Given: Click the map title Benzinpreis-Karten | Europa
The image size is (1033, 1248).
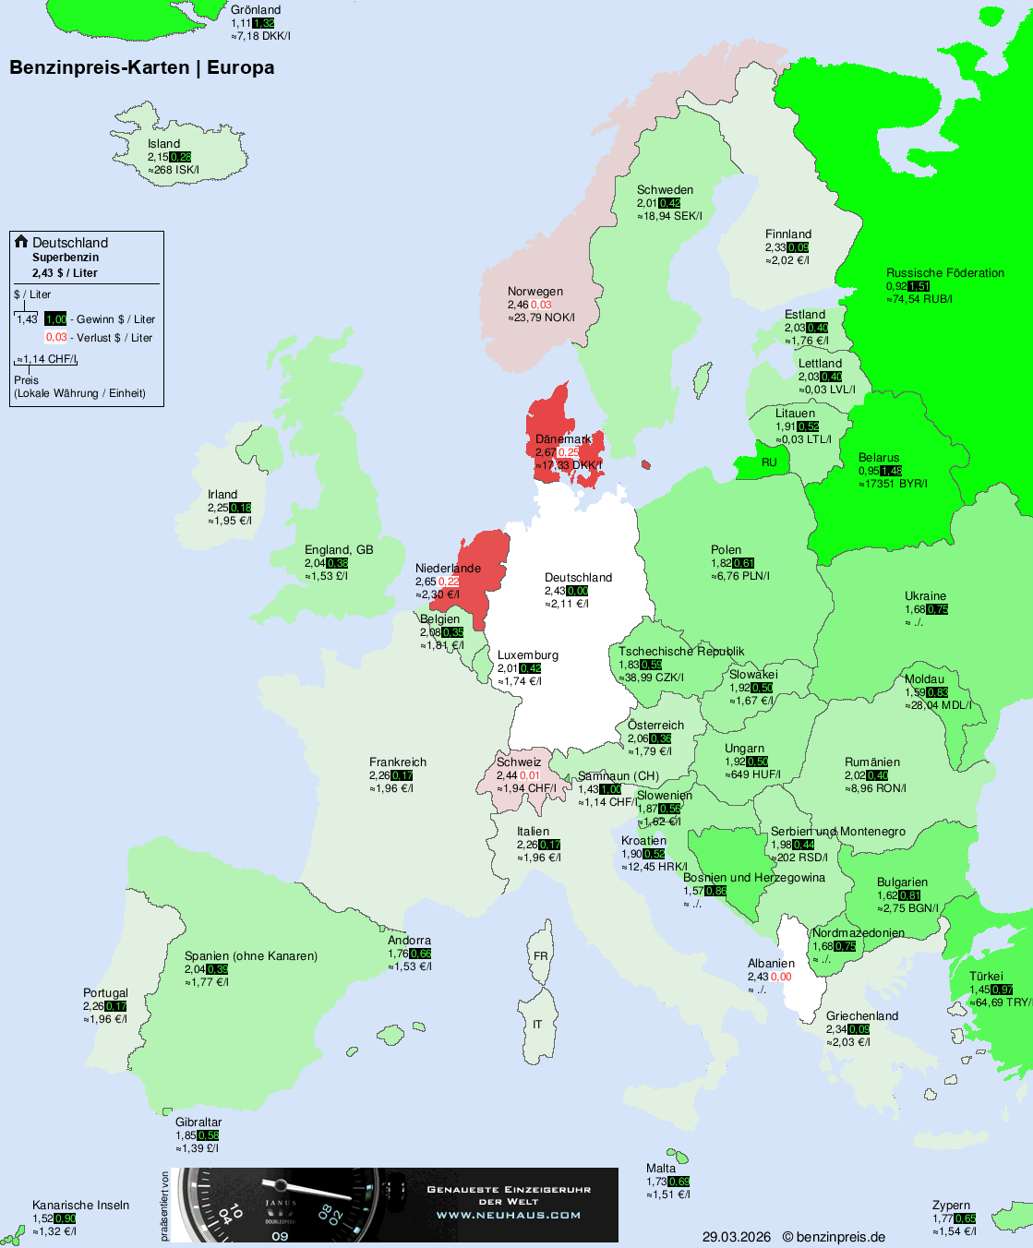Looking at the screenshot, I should click(141, 67).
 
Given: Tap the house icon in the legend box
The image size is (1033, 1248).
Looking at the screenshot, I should click(21, 242).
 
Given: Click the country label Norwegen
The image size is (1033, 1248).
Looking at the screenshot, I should click(535, 292).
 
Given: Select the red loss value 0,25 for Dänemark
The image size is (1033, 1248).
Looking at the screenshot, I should click(569, 452).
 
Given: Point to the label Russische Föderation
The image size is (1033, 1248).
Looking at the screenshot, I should click(944, 273).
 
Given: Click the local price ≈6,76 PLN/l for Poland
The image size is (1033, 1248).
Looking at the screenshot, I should click(739, 576).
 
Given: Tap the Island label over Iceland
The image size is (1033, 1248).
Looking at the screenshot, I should click(163, 144).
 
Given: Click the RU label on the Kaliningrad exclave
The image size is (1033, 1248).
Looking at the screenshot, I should click(769, 462).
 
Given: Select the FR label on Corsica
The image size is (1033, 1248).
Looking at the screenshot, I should click(540, 956).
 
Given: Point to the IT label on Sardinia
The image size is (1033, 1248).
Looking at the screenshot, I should click(537, 1025).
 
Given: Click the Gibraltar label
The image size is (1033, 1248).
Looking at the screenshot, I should click(198, 1122).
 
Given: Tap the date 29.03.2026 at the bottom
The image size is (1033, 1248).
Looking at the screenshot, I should click(736, 1237).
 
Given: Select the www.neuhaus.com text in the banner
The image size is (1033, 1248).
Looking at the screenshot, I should click(509, 1215).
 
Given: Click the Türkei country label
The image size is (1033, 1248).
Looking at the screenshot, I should click(985, 977).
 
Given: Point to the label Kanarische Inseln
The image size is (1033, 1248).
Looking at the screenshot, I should click(80, 1206).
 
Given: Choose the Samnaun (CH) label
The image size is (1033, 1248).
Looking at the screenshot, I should click(618, 776).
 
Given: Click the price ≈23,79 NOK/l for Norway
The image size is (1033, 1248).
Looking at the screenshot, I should click(541, 318).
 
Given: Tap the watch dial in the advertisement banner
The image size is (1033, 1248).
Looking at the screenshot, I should click(277, 1205).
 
